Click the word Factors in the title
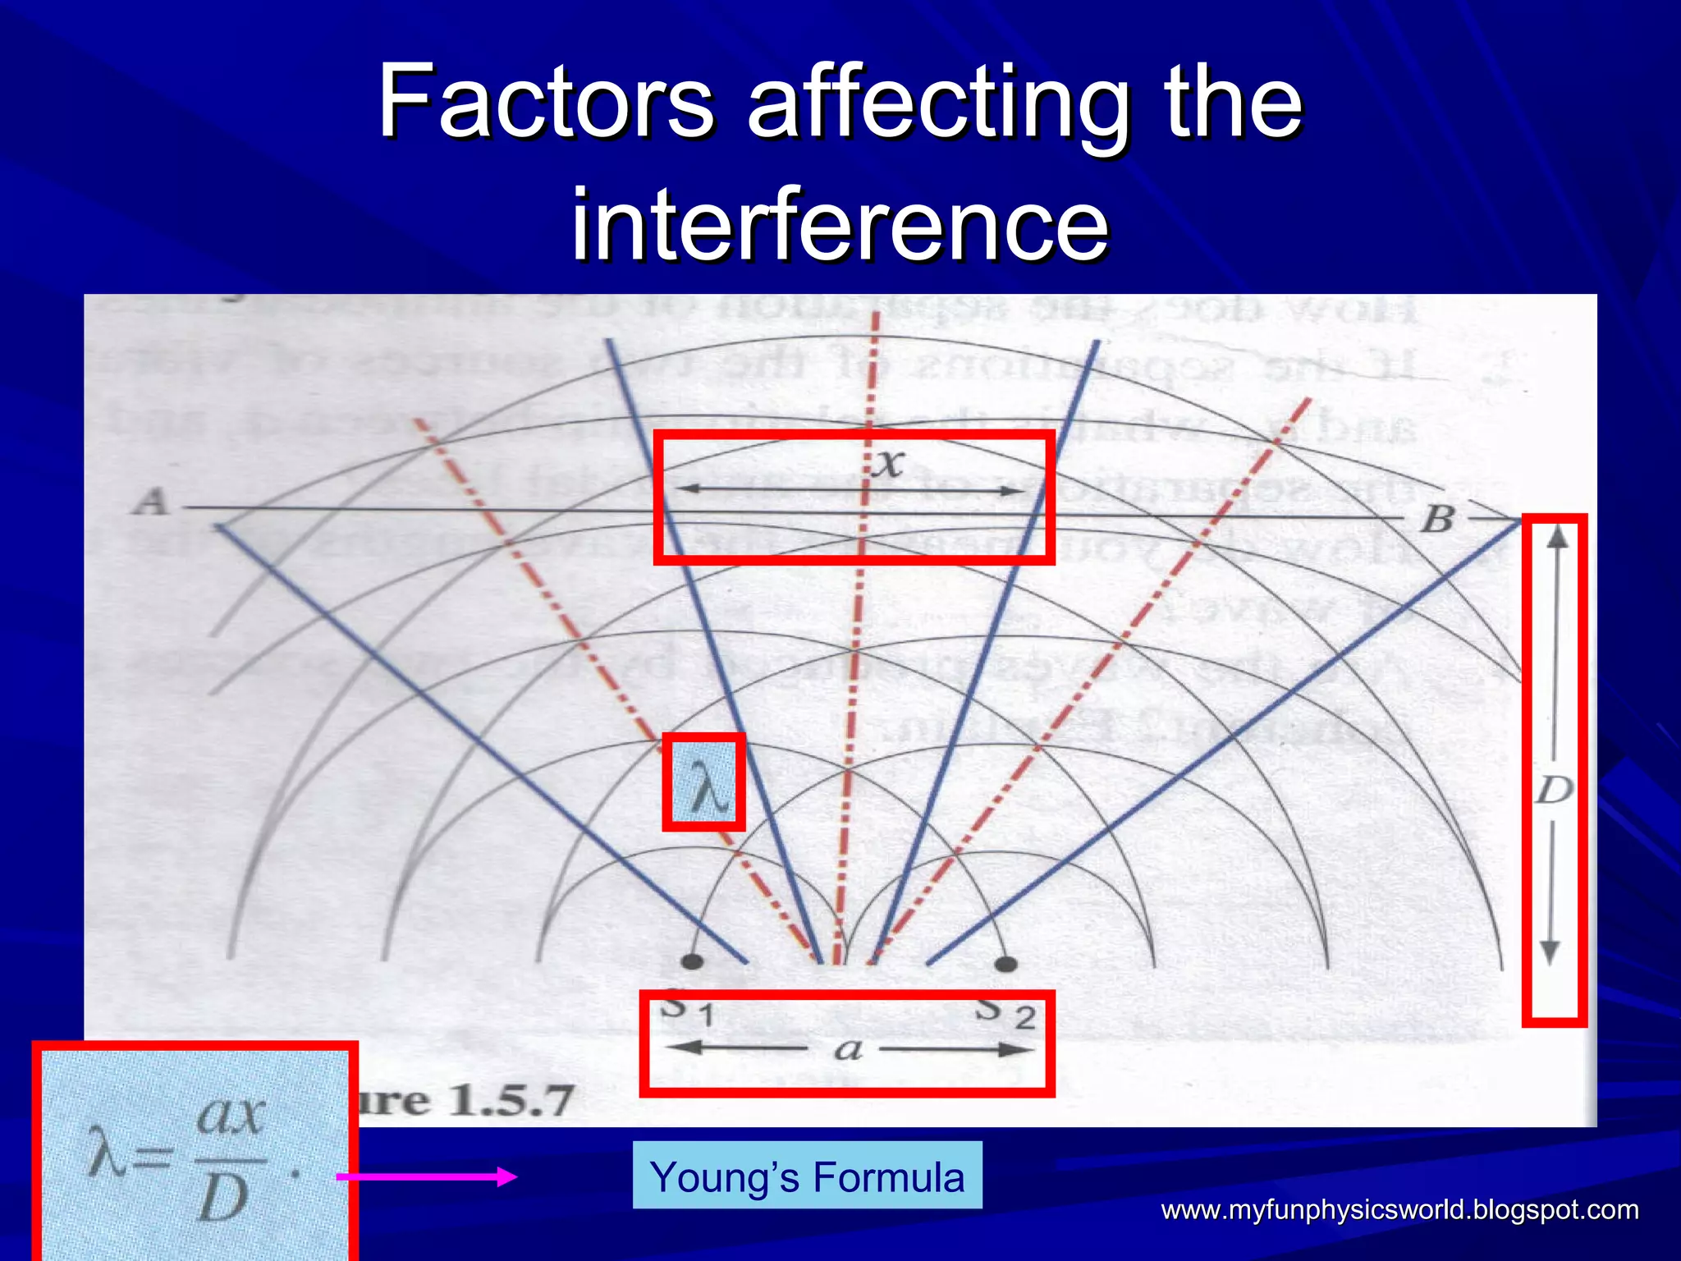(546, 103)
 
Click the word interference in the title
(840, 223)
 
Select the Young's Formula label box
(807, 1176)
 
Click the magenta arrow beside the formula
(427, 1176)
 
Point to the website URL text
(1399, 1209)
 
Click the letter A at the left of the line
(151, 501)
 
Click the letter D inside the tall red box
(1554, 790)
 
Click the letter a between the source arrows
(848, 1049)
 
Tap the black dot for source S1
(693, 961)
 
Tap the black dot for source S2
(1005, 963)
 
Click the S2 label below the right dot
(1005, 1012)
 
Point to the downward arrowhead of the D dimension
(1550, 952)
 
